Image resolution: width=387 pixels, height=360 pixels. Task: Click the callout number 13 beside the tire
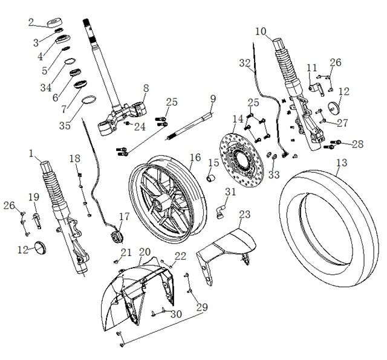point(342,163)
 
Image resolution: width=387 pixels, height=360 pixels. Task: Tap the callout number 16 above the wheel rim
point(195,158)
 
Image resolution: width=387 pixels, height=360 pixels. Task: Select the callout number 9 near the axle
point(213,98)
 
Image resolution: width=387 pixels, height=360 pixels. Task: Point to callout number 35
point(65,126)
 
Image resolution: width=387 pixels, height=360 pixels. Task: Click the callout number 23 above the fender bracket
point(244,215)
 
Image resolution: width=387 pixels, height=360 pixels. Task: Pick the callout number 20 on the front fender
point(145,252)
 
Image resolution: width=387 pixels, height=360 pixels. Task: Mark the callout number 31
point(230,192)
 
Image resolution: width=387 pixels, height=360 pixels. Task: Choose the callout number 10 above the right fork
point(261,31)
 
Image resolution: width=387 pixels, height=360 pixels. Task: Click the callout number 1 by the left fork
point(31,153)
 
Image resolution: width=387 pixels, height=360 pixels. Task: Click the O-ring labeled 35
point(88,100)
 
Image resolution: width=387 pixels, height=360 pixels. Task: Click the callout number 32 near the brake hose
point(244,63)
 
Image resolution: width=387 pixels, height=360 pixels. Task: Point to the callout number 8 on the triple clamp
point(146,88)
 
